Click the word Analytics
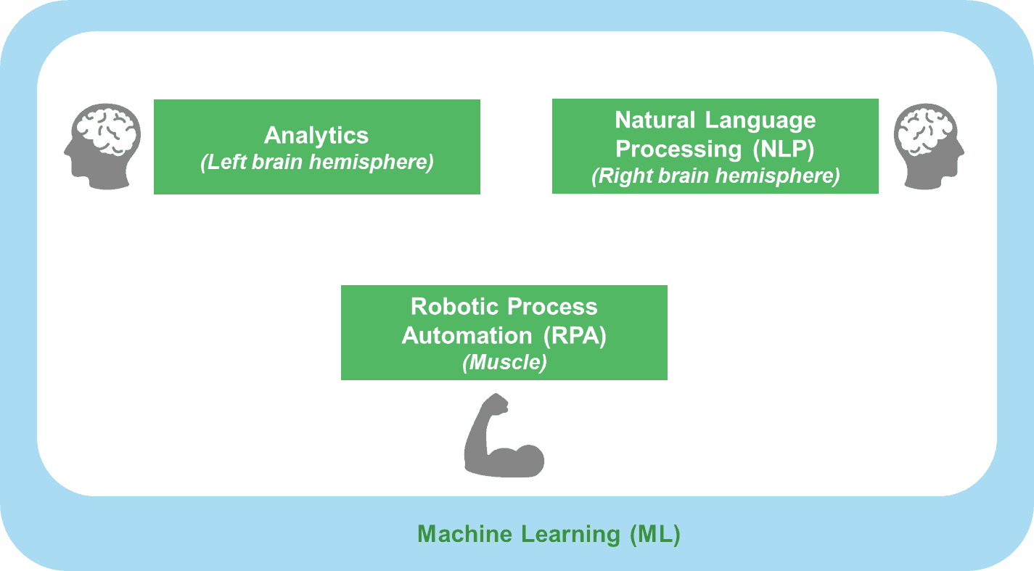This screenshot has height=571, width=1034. (x=316, y=136)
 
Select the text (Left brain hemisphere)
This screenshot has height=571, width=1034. (x=317, y=163)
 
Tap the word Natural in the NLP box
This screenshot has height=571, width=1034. (x=655, y=120)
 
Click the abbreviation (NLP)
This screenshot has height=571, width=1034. (x=784, y=149)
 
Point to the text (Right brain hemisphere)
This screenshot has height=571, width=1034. (x=715, y=176)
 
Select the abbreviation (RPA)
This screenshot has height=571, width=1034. (x=575, y=336)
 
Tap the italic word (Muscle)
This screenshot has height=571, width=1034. (x=504, y=362)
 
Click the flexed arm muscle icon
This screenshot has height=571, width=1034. (x=504, y=435)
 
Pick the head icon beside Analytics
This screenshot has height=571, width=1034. (x=102, y=147)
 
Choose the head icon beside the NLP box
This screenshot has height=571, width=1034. (x=929, y=147)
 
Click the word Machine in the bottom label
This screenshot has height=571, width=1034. (x=465, y=534)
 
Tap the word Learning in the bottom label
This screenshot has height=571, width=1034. (x=570, y=535)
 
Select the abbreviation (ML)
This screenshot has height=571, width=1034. (x=655, y=535)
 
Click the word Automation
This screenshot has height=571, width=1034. (x=467, y=336)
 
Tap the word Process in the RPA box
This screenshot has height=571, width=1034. (x=552, y=306)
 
